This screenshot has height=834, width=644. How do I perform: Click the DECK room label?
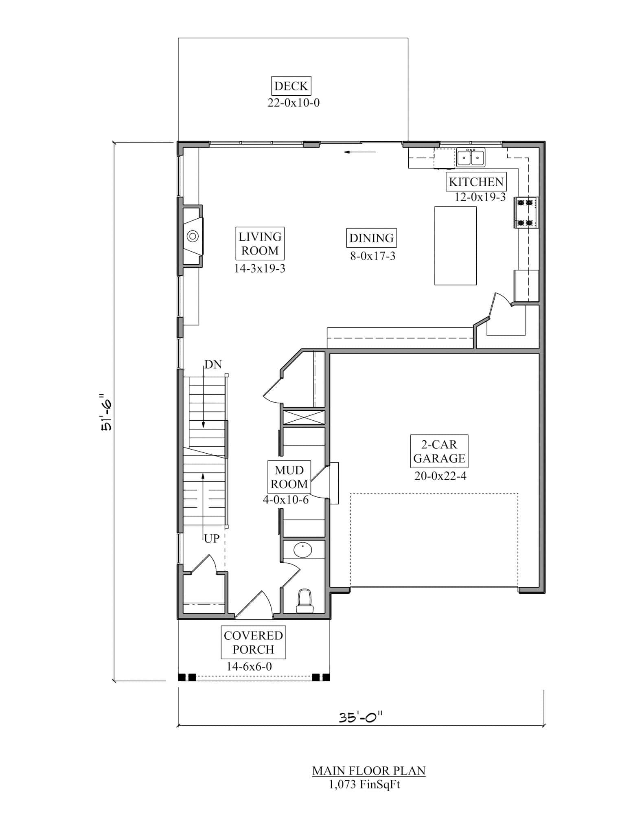(x=291, y=86)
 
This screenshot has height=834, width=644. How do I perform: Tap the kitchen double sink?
(x=471, y=158)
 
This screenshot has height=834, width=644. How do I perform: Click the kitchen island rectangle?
(x=455, y=246)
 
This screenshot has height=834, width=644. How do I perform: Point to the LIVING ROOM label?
(x=260, y=244)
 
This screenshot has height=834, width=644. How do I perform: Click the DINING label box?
(x=371, y=238)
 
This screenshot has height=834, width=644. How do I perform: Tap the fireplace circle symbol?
(x=193, y=236)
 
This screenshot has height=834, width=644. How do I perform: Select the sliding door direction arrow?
(x=360, y=152)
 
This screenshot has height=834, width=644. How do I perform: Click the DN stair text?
(x=213, y=364)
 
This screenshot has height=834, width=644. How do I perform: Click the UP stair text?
(x=212, y=539)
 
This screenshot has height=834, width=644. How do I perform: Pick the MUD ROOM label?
(x=289, y=477)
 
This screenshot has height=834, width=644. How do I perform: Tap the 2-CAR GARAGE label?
(x=439, y=451)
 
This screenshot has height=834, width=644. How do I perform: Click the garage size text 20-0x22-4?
(x=440, y=476)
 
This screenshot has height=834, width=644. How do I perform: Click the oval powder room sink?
(x=302, y=551)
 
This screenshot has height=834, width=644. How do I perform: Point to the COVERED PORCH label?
(x=253, y=642)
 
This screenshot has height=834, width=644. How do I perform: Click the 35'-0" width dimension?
(x=361, y=717)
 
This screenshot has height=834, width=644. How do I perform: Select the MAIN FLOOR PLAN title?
(x=368, y=770)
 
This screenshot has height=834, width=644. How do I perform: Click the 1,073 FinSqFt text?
(x=364, y=784)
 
